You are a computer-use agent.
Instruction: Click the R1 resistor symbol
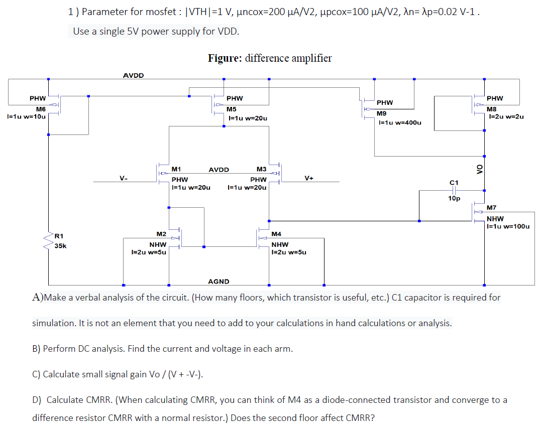coord(49,242)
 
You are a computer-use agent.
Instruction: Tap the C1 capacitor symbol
coord(454,190)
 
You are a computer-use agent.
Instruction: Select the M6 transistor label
coord(41,109)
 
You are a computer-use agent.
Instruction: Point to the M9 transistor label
coord(382,113)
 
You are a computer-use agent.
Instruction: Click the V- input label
coord(123,178)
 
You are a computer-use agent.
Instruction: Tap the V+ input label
coord(309,178)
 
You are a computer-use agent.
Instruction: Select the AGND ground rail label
coord(219,282)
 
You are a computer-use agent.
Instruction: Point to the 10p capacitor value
coord(454,199)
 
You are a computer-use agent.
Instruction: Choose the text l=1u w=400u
coord(399,122)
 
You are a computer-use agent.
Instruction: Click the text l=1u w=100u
coord(507,226)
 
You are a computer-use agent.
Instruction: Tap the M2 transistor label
coord(161,234)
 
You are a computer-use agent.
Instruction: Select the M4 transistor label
coord(276,234)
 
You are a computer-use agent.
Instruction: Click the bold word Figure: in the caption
coord(225,58)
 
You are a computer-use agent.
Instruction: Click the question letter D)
coord(37,400)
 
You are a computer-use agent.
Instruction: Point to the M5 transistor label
coord(232,109)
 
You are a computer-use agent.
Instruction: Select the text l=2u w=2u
coord(506,117)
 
